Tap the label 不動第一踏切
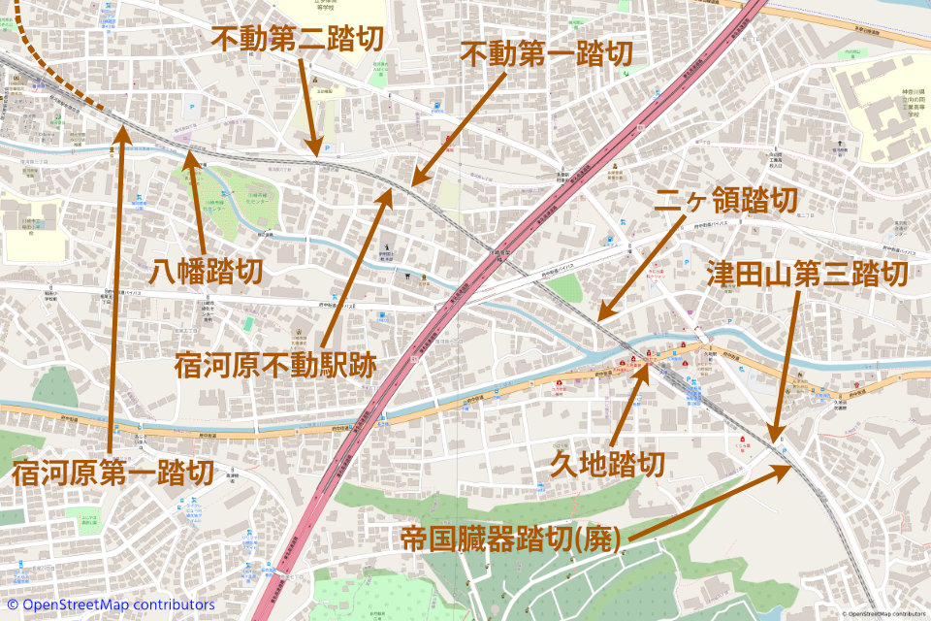point(546,53)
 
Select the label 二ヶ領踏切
point(726,201)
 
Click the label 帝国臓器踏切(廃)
point(511,539)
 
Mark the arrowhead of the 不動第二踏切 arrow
point(316,154)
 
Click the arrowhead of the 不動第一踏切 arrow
point(411,183)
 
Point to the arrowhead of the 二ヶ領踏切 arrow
point(597,320)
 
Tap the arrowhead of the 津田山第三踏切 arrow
point(775,441)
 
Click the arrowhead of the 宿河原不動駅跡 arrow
point(391,190)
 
